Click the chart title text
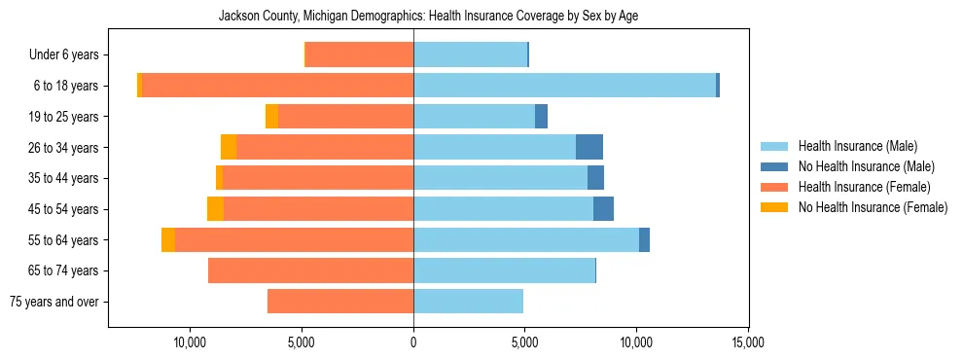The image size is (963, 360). click(428, 17)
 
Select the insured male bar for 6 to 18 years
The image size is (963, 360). click(564, 86)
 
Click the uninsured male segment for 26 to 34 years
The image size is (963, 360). click(589, 147)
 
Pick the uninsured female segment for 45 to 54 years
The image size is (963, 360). click(215, 209)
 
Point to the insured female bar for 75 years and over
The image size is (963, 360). click(340, 302)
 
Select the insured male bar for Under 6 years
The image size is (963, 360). click(470, 54)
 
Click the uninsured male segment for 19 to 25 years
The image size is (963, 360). click(541, 117)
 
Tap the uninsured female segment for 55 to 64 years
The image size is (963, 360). click(168, 240)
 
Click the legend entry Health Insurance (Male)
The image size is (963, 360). click(857, 147)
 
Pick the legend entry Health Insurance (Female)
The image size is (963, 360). click(864, 187)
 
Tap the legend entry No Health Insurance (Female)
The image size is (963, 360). click(873, 207)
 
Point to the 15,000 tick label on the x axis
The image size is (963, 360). click(747, 342)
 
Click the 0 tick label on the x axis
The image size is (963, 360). click(413, 342)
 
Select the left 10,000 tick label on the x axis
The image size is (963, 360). click(190, 342)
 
